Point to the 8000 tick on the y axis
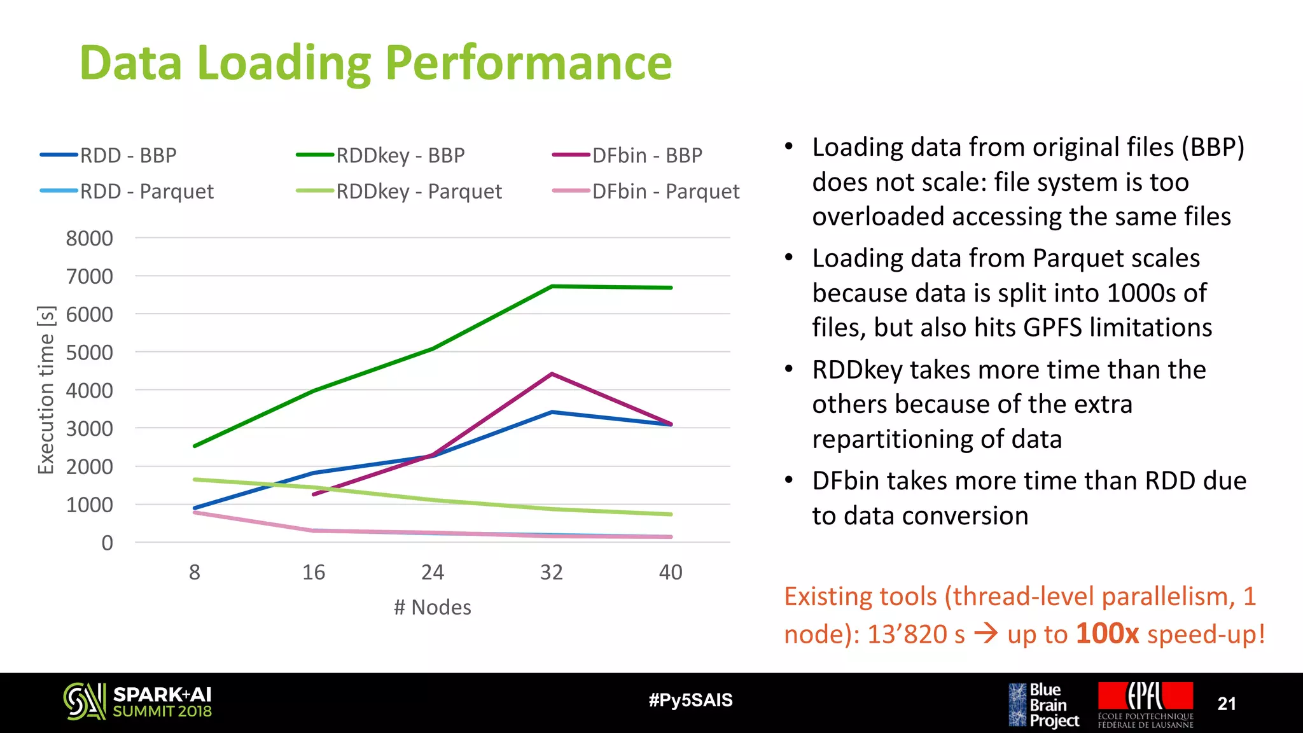pos(90,239)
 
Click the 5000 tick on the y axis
pos(90,353)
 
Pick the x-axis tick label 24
pos(433,572)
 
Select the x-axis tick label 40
pos(671,572)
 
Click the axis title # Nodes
pos(433,607)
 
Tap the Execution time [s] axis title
pos(46,390)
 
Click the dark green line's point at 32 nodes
pos(552,286)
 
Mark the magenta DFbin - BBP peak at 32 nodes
pos(552,374)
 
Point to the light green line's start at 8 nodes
pos(195,479)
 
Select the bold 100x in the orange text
pos(1107,634)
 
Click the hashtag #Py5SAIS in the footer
pos(690,701)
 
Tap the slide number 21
pos(1226,704)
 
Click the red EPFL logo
pos(1145,704)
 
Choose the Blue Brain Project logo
pos(1043,705)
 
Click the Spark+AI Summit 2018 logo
pos(137,702)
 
